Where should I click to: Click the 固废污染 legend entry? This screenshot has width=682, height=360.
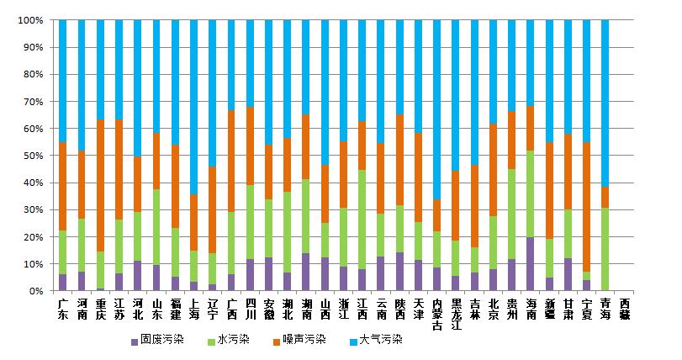161,341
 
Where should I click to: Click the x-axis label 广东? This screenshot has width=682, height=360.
63,308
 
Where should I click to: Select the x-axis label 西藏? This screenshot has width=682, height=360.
625,308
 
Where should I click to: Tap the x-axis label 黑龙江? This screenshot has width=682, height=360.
456,314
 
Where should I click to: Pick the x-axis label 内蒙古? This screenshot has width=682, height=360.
437,314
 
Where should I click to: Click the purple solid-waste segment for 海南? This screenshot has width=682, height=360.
531,264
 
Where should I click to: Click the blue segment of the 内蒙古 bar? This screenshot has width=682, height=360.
437,109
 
